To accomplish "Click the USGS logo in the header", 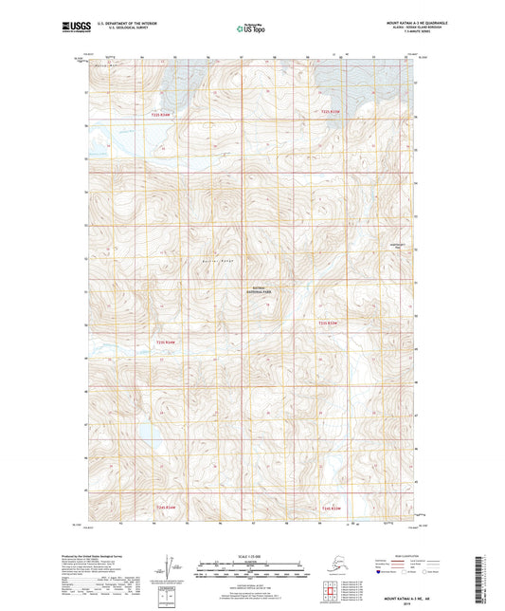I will (71, 28).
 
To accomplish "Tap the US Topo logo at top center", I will (250, 28).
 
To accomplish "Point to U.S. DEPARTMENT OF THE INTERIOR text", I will (121, 22).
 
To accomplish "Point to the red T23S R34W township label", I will (166, 343).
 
